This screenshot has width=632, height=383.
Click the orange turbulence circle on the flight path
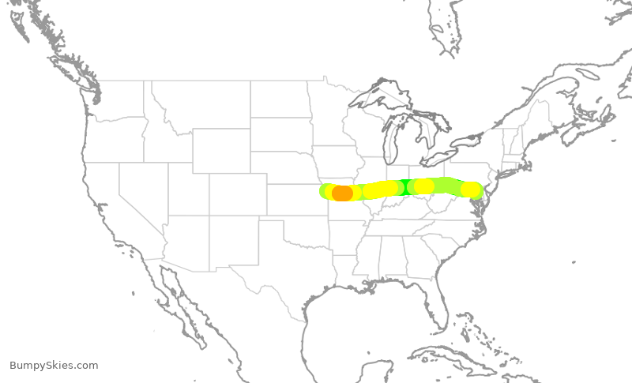[342, 193]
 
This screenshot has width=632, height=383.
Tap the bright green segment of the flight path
[404, 187]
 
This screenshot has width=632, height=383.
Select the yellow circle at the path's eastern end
[470, 190]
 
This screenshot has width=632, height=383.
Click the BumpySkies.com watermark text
[54, 365]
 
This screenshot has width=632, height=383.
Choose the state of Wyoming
[221, 150]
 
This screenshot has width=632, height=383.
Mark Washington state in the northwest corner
[118, 99]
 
